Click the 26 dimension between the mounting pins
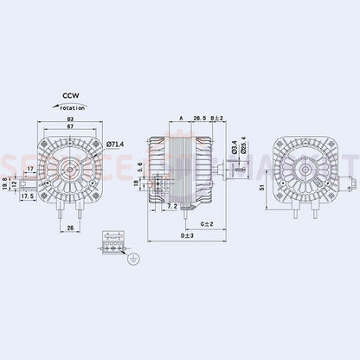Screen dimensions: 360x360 point(70,229)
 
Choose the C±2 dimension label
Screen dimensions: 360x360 point(208,223)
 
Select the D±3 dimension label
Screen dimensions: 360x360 point(188,235)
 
